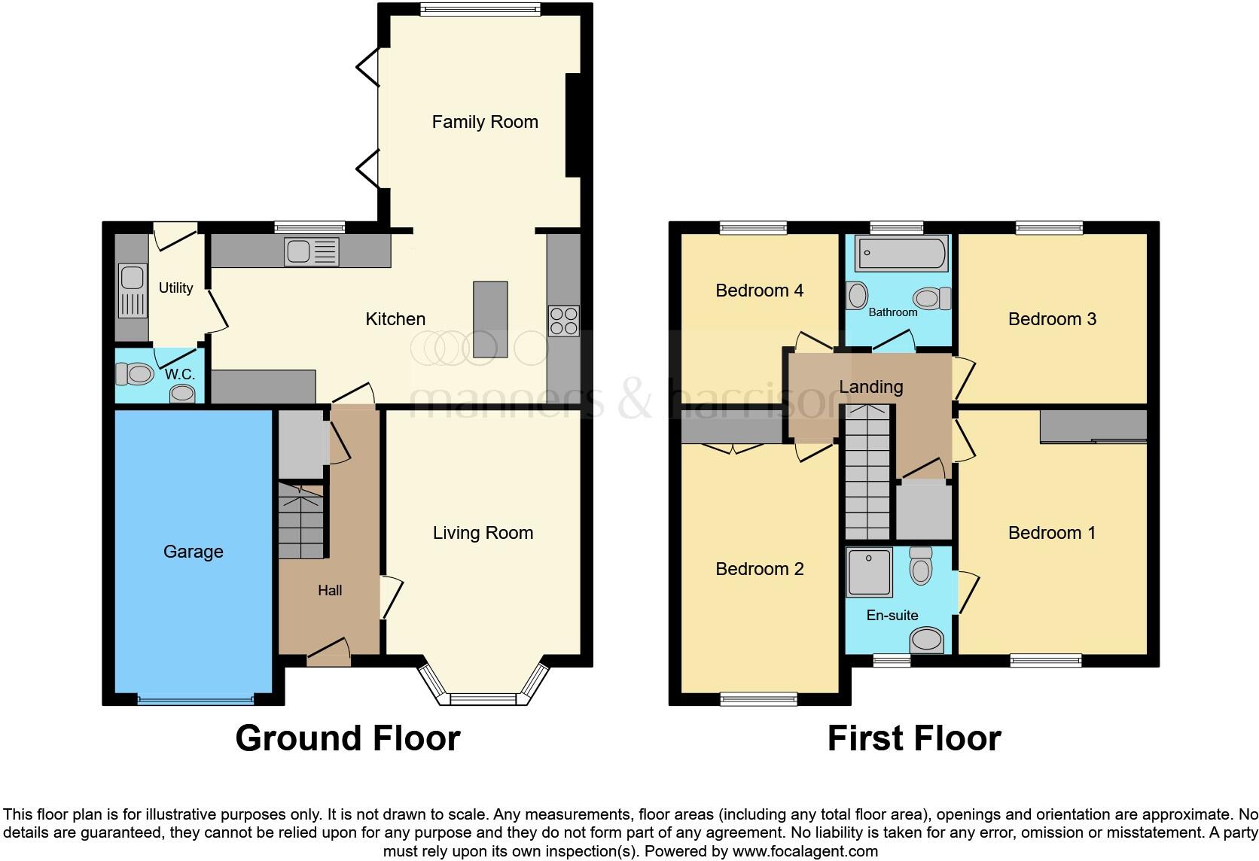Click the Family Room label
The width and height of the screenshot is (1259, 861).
coord(485,122)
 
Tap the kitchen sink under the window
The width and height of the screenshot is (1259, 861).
coord(312,251)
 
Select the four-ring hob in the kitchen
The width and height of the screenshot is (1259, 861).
coord(564,321)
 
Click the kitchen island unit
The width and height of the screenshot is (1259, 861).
coord(490,319)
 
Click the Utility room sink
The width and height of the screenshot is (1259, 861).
coord(132,291)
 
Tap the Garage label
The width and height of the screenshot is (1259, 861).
coord(193,552)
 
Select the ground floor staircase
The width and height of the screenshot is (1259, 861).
coord(301,521)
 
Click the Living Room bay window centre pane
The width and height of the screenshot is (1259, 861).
coord(482,698)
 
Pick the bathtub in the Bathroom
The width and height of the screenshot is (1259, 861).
coord(901,254)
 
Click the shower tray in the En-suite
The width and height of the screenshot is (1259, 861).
coord(869,572)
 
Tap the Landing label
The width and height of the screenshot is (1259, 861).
coord(870,387)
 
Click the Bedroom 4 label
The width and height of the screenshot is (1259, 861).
coord(759,291)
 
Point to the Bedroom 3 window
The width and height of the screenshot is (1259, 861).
coord(1049,227)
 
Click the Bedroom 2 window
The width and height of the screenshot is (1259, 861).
coord(758,699)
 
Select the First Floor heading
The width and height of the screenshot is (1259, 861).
coord(913,738)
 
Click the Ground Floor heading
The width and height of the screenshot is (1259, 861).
coord(347,738)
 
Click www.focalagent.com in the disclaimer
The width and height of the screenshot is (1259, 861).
coord(805,852)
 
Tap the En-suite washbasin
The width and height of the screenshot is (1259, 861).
coord(926,641)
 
